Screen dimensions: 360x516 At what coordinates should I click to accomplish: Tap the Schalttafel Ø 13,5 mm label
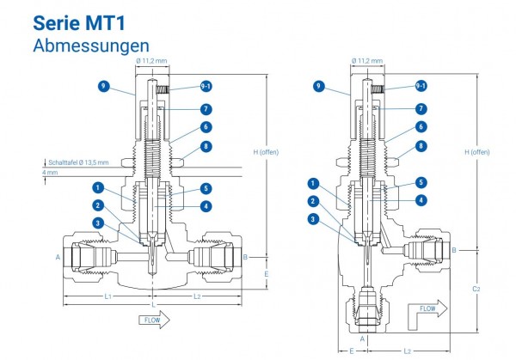pos(79,162)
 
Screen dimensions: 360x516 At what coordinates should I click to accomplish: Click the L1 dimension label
pos(106,296)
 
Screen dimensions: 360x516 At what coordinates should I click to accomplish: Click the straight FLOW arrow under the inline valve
pos(154,319)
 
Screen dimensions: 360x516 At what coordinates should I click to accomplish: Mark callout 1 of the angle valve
pos(311,183)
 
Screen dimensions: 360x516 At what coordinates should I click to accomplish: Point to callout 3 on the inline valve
pos(99,223)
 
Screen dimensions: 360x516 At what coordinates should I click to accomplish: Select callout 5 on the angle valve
pos(421,182)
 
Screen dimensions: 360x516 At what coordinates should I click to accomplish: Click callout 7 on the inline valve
pos(206,108)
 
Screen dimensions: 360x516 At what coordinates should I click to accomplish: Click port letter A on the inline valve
pos(58,257)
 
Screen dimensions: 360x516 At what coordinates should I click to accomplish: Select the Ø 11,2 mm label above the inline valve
pos(150,62)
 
